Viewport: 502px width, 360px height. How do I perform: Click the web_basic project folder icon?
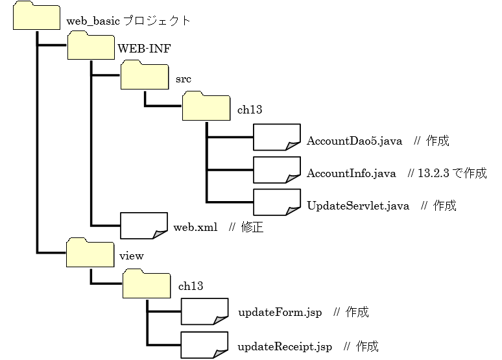[x=36, y=16]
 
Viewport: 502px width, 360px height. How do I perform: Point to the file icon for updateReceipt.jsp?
[x=204, y=344]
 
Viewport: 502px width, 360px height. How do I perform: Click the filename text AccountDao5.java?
[x=355, y=141]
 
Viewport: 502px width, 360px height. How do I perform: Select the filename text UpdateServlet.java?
[x=358, y=206]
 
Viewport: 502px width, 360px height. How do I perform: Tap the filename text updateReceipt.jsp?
[x=285, y=346]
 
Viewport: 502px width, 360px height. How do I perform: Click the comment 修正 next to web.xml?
[x=253, y=228]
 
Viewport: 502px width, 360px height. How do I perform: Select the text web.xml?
[x=195, y=228]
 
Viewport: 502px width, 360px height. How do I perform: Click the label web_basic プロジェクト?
[x=128, y=21]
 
